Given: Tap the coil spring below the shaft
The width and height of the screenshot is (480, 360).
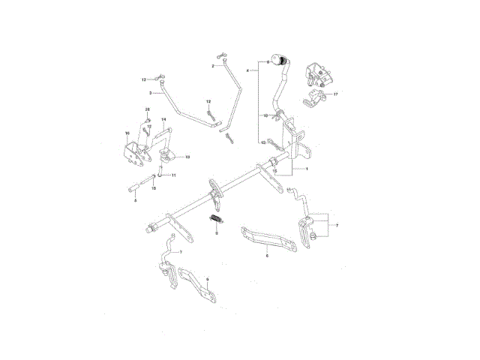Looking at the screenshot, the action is [216, 220].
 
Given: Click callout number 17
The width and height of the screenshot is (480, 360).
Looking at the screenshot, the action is [335, 94].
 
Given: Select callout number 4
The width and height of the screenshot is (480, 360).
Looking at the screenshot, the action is [247, 70].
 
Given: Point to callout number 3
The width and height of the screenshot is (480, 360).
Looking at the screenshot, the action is [151, 93].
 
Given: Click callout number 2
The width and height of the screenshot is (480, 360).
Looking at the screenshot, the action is [212, 67].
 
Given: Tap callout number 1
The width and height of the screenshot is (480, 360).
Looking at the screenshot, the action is [306, 169].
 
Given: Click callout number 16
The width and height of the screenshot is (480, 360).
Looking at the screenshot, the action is [127, 133].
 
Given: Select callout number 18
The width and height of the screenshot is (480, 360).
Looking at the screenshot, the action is [187, 157].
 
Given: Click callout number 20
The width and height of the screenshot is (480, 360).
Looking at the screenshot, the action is [147, 110].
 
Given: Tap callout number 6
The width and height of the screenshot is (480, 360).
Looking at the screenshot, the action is [267, 256].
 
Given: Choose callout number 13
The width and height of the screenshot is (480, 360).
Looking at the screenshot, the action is [263, 140].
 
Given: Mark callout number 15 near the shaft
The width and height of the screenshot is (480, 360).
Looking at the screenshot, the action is [275, 171].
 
